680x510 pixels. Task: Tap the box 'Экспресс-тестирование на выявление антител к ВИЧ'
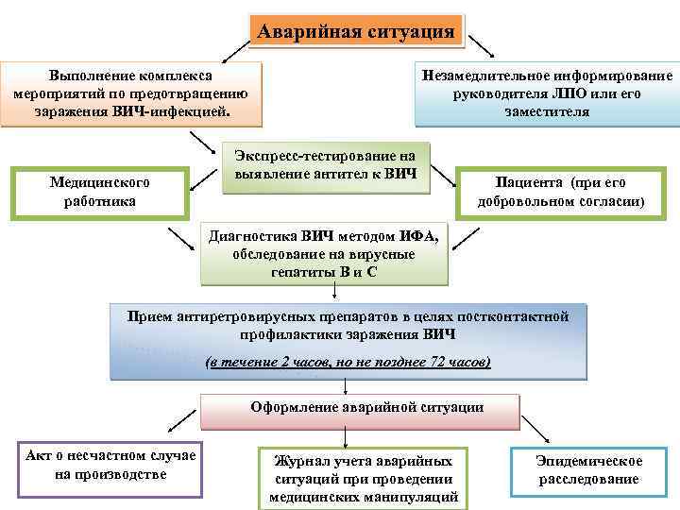(x=325, y=166)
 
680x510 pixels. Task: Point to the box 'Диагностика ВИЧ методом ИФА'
(x=324, y=254)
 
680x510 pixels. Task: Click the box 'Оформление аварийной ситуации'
(x=360, y=408)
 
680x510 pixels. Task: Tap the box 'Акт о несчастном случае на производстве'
(x=110, y=465)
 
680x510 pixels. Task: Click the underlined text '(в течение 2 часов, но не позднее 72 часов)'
(x=348, y=362)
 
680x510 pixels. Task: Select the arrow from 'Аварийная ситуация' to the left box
(x=230, y=47)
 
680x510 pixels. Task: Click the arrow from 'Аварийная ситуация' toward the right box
(x=481, y=45)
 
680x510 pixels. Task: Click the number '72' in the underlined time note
(x=436, y=362)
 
